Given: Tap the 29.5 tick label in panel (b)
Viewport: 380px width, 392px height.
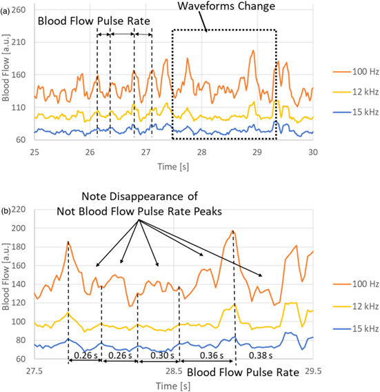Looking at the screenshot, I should tap(313, 371).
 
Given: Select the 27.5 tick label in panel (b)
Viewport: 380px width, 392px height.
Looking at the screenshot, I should tap(34, 371).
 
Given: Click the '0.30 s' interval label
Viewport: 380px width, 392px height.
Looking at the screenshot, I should tap(158, 356).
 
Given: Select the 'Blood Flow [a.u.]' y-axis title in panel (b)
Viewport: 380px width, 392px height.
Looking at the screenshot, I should tap(7, 284).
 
